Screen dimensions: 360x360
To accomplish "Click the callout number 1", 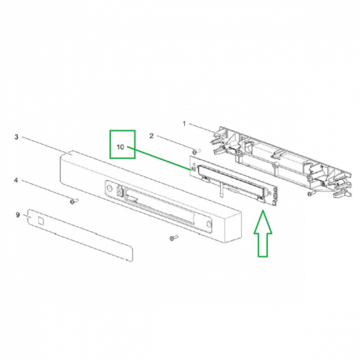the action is pyautogui.click(x=184, y=124).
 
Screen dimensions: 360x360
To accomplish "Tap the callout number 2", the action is pyautogui.click(x=151, y=136).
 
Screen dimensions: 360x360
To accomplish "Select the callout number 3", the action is pyautogui.click(x=16, y=137).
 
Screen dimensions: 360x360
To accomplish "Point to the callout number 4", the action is pyautogui.click(x=16, y=180).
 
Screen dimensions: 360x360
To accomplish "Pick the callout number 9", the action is pyautogui.click(x=17, y=215).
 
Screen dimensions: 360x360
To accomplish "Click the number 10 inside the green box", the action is pyautogui.click(x=120, y=147).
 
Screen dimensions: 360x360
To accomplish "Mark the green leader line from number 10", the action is pyautogui.click(x=159, y=158).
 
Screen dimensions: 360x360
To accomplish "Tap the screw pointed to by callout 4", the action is pyautogui.click(x=74, y=201).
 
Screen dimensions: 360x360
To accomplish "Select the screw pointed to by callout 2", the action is pyautogui.click(x=196, y=152).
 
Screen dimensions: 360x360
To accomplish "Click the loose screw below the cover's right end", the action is pyautogui.click(x=173, y=238).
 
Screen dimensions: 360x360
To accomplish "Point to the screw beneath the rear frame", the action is pyautogui.click(x=310, y=194).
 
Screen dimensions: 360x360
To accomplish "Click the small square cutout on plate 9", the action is pyautogui.click(x=40, y=220).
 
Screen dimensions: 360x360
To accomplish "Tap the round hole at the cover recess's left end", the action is pyautogui.click(x=110, y=188).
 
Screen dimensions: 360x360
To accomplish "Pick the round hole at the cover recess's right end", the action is pyautogui.click(x=208, y=223).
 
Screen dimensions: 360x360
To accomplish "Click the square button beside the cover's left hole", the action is pyautogui.click(x=119, y=190).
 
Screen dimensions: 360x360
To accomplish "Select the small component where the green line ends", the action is pyautogui.click(x=193, y=169).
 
